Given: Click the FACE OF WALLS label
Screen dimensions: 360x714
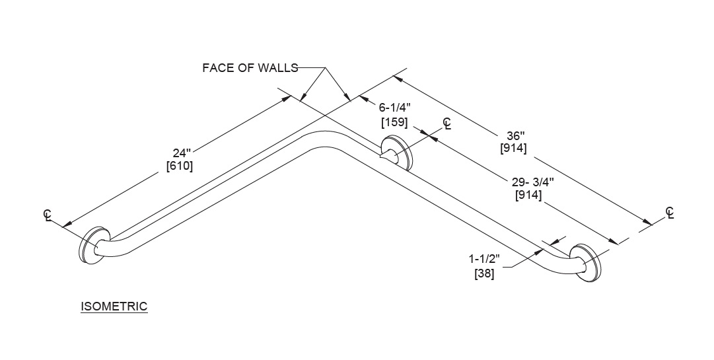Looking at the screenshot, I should tap(250, 67).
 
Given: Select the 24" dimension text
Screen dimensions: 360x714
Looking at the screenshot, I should tap(182, 153).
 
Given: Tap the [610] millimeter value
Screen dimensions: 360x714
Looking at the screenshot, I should tap(180, 166).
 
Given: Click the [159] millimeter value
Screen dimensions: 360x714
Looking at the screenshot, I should tap(394, 122).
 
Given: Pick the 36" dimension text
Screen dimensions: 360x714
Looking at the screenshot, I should tap(514, 135).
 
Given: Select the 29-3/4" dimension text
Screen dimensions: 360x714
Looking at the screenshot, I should tap(528, 182).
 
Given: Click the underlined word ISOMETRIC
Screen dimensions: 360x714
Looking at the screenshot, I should tap(114, 306).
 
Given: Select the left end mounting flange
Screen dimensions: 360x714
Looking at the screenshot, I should tap(92, 247).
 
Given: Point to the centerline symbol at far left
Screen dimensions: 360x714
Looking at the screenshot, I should tap(48, 215).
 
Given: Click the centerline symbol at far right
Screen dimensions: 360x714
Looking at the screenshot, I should tap(670, 213).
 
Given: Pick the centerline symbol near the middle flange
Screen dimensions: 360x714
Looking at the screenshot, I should tap(447, 124).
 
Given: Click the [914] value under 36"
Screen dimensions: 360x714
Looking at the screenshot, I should tap(513, 149).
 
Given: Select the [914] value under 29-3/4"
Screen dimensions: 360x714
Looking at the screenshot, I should tap(528, 196).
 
